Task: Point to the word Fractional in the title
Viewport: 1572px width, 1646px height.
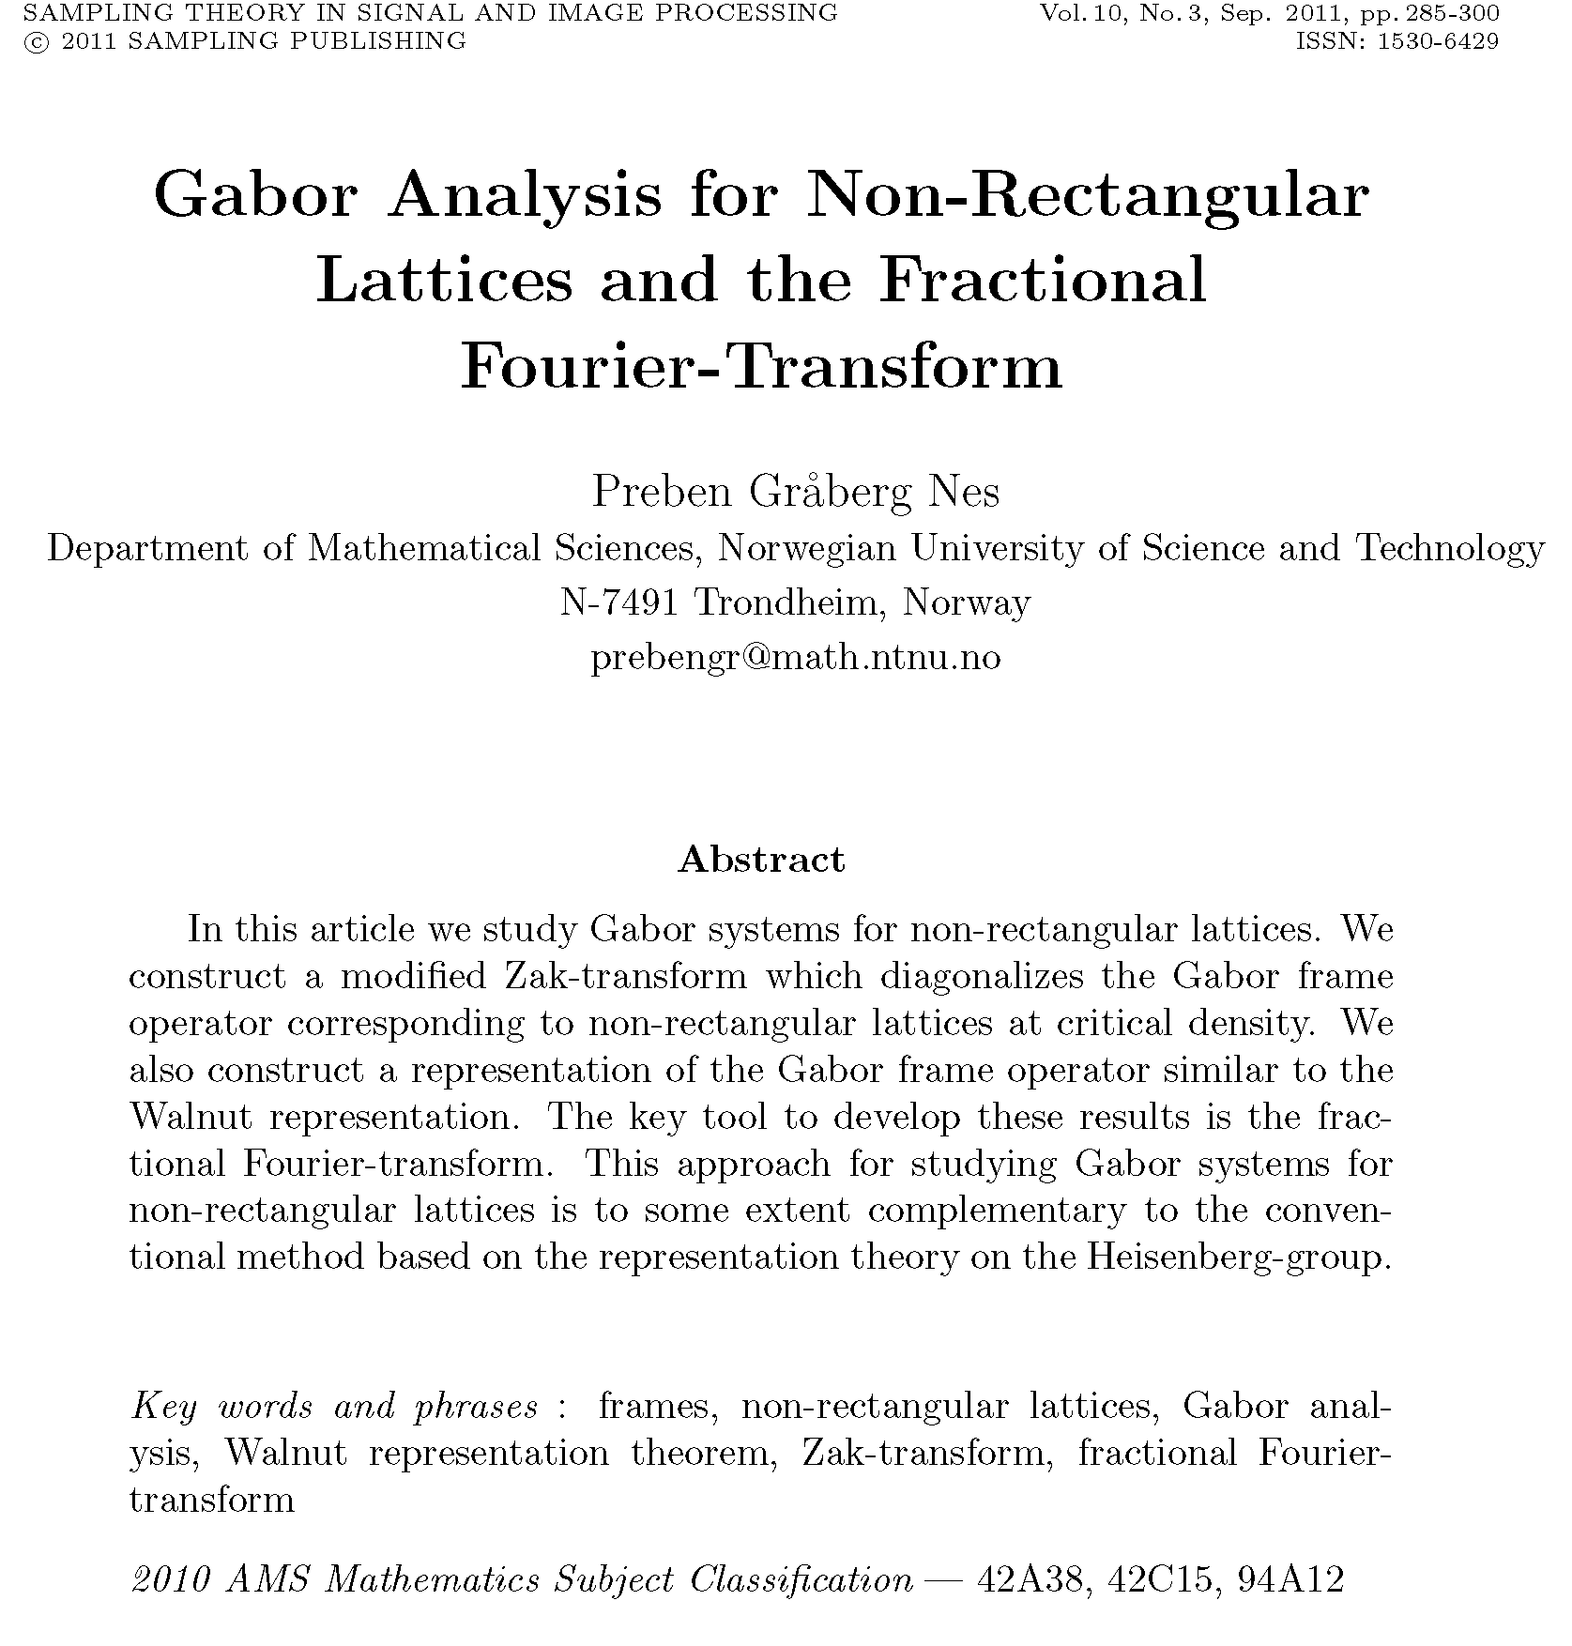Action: [x=1043, y=281]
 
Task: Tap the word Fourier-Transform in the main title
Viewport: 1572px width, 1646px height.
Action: [x=761, y=365]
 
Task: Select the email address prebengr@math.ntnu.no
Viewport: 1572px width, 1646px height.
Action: [x=796, y=658]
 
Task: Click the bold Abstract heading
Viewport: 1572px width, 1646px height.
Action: [x=761, y=860]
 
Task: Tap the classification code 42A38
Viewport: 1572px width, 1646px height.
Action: [x=1034, y=1579]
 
